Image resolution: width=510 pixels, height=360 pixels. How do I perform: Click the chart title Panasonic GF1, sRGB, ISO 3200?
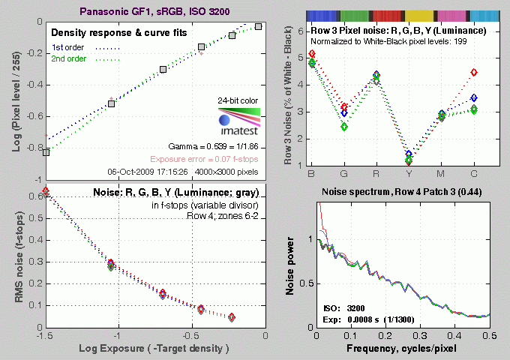(x=150, y=10)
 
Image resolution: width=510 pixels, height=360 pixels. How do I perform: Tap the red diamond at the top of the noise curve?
(x=46, y=191)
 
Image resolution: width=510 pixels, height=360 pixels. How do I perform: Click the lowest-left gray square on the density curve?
(x=46, y=151)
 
